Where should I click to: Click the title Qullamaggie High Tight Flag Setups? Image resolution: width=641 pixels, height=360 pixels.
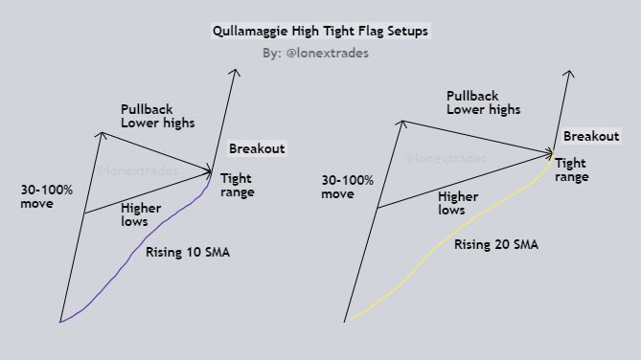click(x=320, y=31)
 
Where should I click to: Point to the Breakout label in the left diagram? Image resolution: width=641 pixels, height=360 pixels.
click(x=257, y=148)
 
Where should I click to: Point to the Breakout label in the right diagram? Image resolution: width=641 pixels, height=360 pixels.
click(x=591, y=137)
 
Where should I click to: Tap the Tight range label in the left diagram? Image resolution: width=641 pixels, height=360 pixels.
click(x=237, y=186)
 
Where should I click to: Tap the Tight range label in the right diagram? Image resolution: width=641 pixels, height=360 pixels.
click(x=571, y=170)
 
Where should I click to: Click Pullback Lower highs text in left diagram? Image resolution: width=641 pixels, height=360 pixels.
click(x=158, y=116)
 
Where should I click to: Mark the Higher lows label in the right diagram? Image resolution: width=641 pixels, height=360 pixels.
click(x=457, y=202)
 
